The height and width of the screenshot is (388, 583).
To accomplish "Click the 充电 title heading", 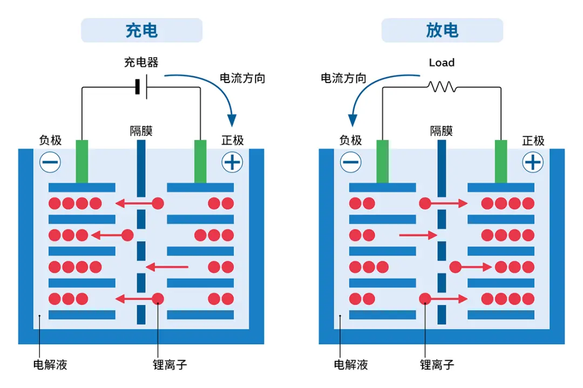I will tap(141, 30).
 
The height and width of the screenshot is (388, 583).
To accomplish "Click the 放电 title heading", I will tap(442, 30).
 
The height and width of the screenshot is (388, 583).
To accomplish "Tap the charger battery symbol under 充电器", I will tap(141, 86).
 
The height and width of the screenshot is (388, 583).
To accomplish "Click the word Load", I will tap(442, 63).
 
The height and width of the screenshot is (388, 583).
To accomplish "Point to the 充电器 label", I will tap(141, 63).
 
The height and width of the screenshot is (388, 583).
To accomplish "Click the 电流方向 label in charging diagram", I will tap(242, 78).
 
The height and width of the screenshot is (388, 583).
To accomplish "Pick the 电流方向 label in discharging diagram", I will tap(343, 79).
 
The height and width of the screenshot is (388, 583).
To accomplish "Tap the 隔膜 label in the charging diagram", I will tap(141, 131).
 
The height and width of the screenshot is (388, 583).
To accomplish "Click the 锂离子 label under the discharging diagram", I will tap(437, 365).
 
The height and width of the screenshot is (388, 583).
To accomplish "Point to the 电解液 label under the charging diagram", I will tap(50, 365).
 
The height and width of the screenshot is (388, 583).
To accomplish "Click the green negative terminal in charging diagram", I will tap(82, 161).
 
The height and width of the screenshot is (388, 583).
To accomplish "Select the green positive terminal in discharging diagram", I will tap(501, 161).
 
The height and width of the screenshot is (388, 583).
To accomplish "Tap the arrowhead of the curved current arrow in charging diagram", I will tap(233, 120).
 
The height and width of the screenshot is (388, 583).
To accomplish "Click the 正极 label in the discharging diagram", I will tap(533, 141).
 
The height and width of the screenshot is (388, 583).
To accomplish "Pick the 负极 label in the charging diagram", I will tap(50, 141).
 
